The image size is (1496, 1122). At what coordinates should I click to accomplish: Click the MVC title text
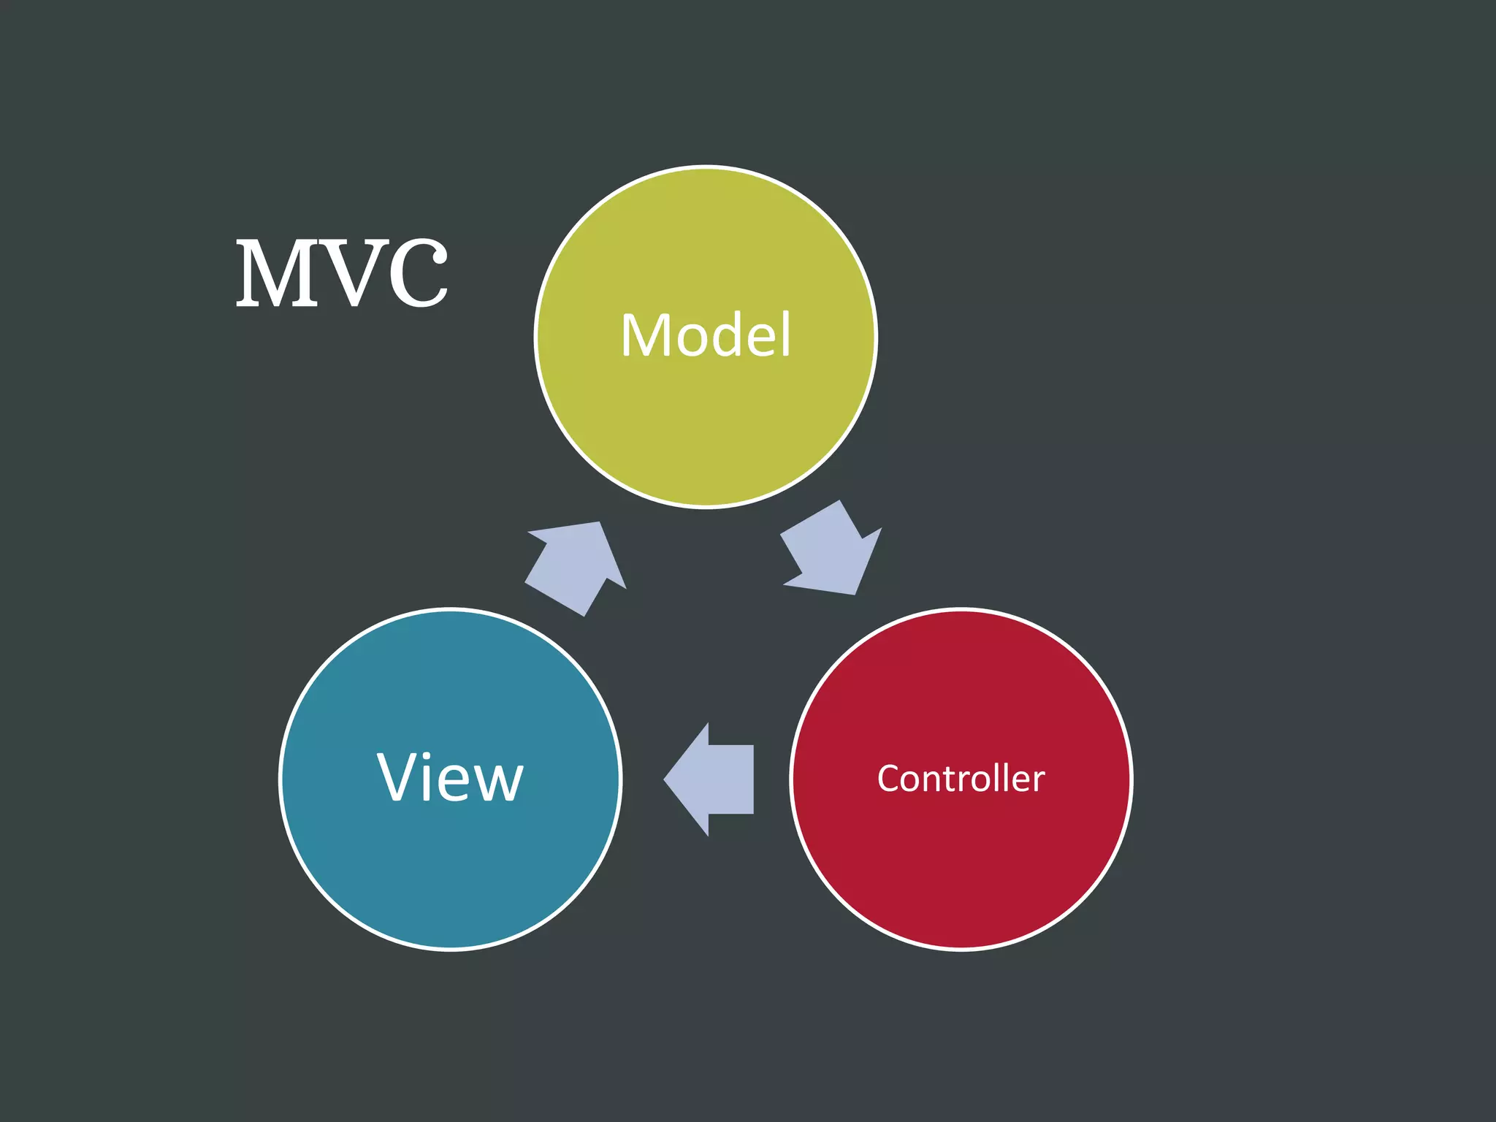click(342, 273)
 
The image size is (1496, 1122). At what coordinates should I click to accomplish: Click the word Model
click(706, 335)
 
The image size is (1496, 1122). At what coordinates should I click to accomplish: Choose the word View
click(450, 778)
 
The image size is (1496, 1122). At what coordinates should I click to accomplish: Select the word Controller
click(961, 779)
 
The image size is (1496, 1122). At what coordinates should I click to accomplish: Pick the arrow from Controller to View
click(712, 779)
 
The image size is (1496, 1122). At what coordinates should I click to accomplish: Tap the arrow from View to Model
click(578, 566)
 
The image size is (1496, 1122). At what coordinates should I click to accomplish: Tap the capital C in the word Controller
click(889, 779)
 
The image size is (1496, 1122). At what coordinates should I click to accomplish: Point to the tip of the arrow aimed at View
click(664, 779)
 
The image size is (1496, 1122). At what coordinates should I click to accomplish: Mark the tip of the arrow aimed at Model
click(600, 523)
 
